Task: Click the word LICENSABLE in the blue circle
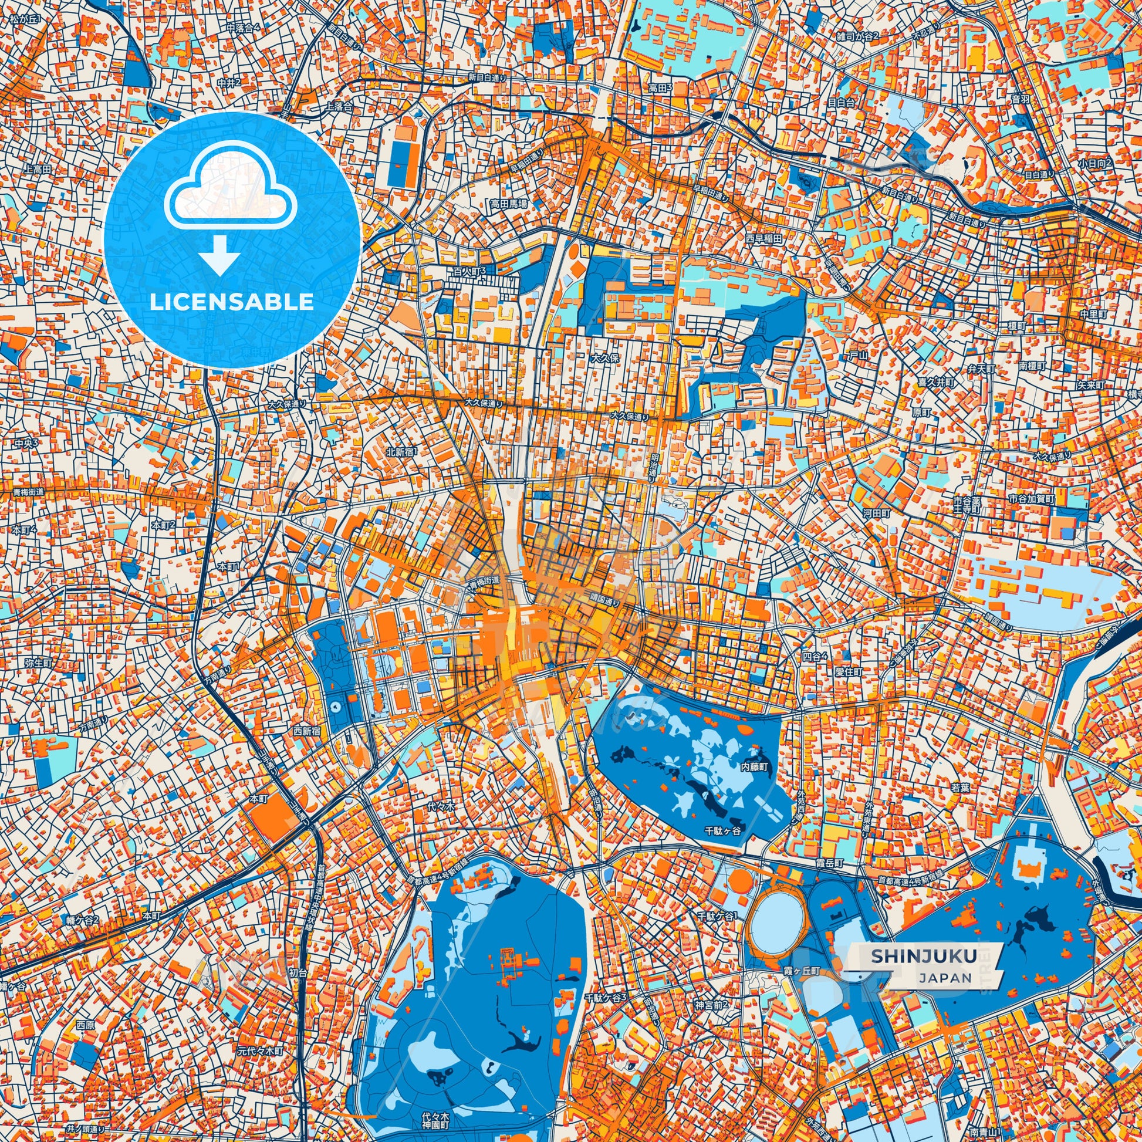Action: [232, 302]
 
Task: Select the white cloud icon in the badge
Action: [231, 185]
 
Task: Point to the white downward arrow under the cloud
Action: [219, 255]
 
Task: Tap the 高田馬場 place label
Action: [508, 202]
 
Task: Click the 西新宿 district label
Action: [308, 731]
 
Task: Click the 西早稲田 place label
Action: [763, 238]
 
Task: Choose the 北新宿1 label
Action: [401, 452]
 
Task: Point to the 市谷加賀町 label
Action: [1032, 499]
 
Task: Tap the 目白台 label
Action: [840, 102]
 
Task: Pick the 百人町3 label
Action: [469, 271]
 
